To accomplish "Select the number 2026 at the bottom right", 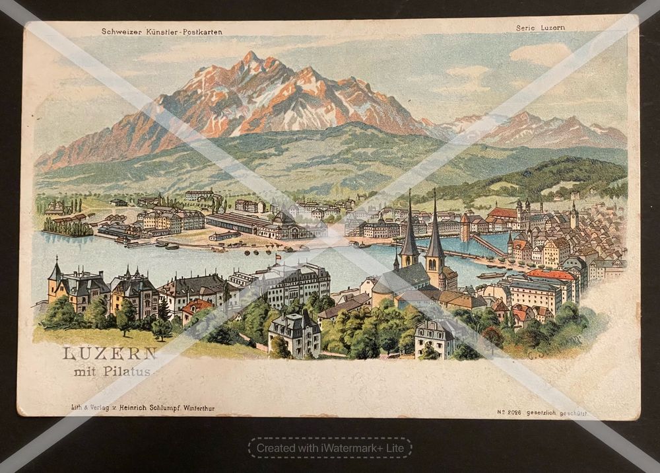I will pos(515,412).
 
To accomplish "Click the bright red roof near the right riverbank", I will pos(549,274).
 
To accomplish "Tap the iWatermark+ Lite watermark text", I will pos(330,448).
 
